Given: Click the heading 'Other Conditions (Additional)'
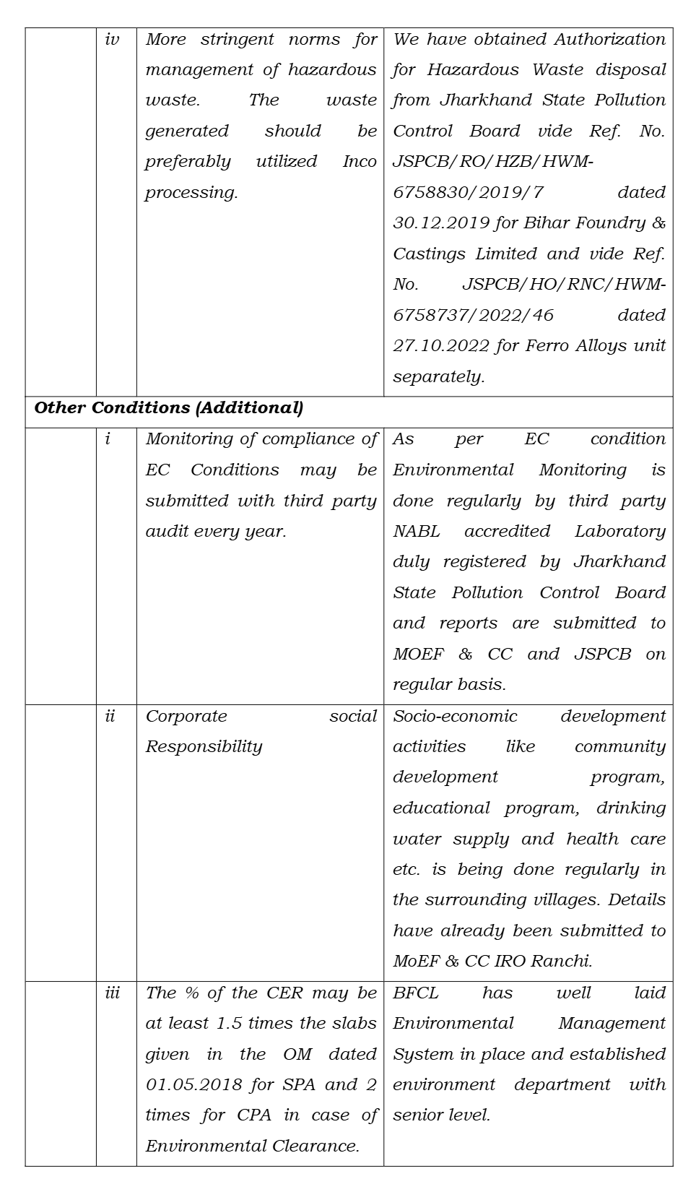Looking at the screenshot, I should pos(169,408).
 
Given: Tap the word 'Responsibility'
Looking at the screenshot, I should pos(204,747).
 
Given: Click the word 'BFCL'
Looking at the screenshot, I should pos(416,993).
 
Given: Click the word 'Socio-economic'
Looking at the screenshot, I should pos(455,717).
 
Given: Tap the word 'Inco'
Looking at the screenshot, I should pos(360,162).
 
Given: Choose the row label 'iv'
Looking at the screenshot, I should pos(113,40).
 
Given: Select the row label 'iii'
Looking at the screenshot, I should pos(113,993).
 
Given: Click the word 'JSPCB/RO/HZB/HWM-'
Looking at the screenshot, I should pos(492,162).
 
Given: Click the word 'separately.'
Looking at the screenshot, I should pos(438,377).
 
